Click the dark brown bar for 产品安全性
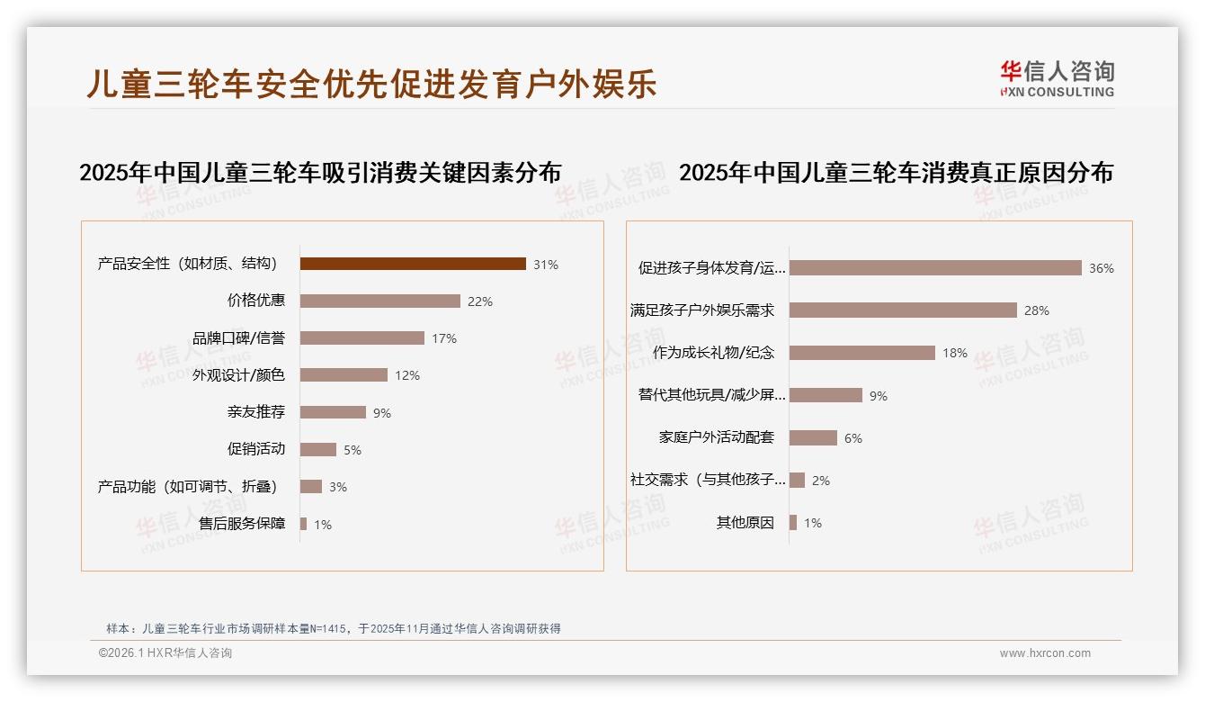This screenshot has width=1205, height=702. tap(413, 264)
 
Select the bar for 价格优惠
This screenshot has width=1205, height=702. tap(379, 301)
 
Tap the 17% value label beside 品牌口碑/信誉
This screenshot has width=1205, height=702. tap(444, 338)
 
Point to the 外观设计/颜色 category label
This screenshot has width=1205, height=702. tap(238, 375)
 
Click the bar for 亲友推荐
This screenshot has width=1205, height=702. tap(333, 412)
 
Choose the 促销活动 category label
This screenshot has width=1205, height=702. tap(256, 449)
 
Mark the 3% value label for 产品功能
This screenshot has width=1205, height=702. tap(337, 487)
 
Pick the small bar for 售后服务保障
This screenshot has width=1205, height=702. tap(304, 524)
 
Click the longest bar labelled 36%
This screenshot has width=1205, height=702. tap(935, 268)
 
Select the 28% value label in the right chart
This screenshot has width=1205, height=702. tap(1036, 310)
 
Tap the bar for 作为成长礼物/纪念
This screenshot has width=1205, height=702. tap(862, 353)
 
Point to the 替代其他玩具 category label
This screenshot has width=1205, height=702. tap(712, 395)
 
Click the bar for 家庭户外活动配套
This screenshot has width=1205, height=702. tap(813, 437)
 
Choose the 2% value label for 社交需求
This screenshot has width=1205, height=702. tap(820, 481)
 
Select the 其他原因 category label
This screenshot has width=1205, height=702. tap(745, 523)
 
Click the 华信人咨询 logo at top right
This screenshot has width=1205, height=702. tap(1057, 79)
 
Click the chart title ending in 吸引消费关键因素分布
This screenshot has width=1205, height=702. tap(320, 172)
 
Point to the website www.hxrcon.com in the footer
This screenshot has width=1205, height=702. tap(1045, 653)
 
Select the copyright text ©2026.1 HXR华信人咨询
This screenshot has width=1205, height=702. tap(165, 653)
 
